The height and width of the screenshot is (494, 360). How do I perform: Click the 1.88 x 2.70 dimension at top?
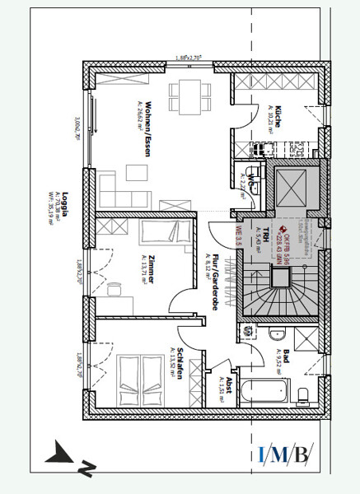click(189, 58)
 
